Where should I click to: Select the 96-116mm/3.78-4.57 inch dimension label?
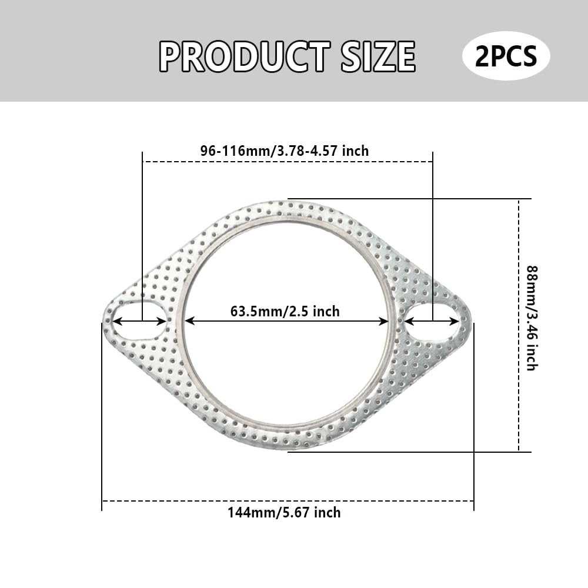285,151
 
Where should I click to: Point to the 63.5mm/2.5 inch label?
285,310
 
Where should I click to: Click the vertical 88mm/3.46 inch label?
531,318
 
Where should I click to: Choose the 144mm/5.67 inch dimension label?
284,513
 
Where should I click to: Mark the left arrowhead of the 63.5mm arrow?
188,321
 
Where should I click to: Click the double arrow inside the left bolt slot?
139,321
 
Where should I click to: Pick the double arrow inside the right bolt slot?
432,321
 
